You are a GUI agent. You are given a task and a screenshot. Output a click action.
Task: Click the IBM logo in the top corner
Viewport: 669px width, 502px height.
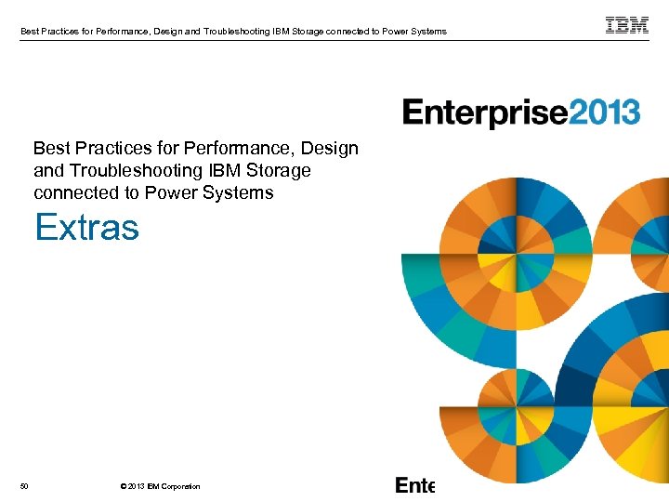coord(627,26)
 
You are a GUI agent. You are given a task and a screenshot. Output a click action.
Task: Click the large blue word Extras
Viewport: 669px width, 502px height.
coord(86,227)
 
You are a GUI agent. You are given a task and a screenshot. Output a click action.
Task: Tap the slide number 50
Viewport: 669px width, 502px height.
coord(23,486)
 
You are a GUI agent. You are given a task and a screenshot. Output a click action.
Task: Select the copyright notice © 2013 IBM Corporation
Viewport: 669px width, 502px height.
coord(160,486)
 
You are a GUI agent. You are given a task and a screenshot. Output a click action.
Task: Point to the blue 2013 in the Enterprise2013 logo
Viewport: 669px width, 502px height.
coord(604,113)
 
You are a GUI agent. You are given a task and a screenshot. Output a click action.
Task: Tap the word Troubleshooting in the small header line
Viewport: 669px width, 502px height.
coord(243,32)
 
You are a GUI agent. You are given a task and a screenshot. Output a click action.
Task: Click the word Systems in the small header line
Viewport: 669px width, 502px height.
coord(427,32)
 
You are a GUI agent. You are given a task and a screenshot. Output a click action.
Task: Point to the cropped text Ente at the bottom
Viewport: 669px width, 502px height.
coord(414,485)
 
